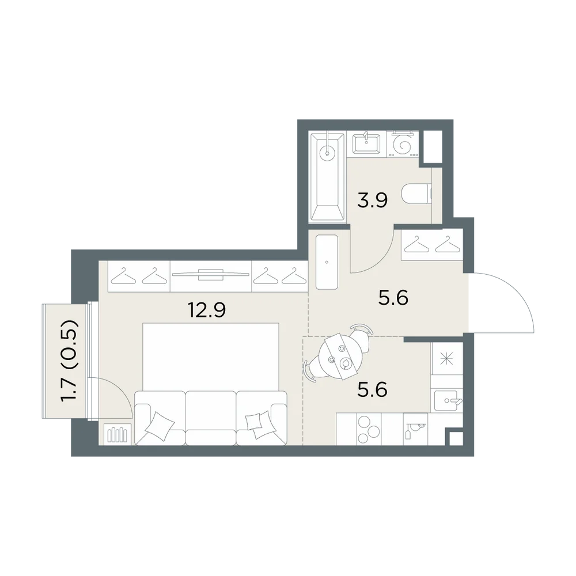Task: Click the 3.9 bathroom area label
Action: (372, 200)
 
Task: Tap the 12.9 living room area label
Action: (206, 310)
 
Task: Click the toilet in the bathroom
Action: (416, 194)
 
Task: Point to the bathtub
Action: (328, 177)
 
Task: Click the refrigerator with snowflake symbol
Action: (447, 358)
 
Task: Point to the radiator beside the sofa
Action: (118, 434)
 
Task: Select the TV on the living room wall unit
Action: (210, 274)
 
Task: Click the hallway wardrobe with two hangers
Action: (432, 245)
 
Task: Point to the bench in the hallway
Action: (327, 262)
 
